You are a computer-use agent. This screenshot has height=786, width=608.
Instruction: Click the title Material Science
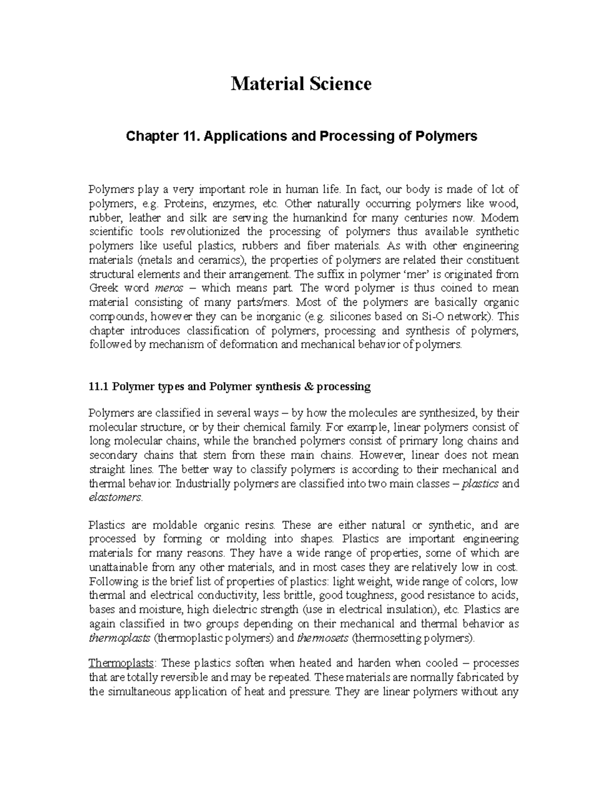301,84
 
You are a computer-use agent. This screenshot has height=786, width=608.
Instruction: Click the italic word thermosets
323,638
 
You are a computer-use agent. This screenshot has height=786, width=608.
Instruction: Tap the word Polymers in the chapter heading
449,136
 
